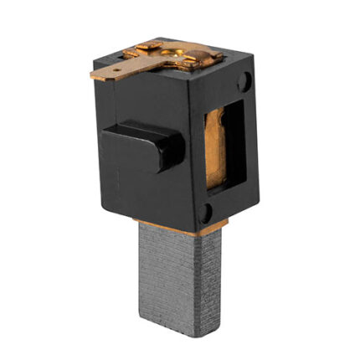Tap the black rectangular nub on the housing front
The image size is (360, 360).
[x=147, y=147]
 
